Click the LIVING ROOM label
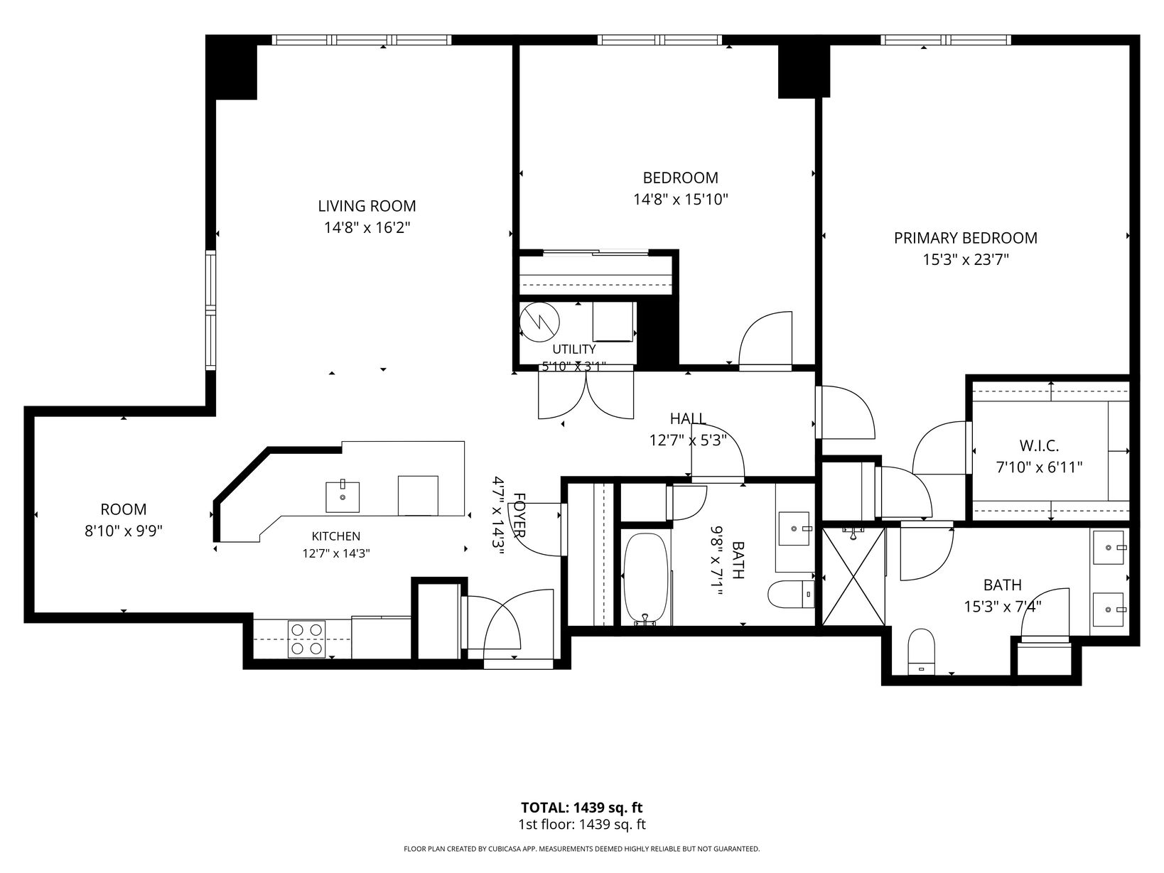pos(367,206)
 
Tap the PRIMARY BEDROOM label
pos(966,238)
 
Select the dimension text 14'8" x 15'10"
pos(680,200)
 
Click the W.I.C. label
pos(1039,446)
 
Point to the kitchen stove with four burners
pos(306,639)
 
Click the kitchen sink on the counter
pos(343,497)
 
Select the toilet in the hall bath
pos(791,594)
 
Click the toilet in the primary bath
pos(920,651)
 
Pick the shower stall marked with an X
pos(853,576)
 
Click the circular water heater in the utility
pos(539,322)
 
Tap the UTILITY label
pos(574,349)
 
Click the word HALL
pos(688,419)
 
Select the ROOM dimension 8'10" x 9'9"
pos(124,531)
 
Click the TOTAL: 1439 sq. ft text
pos(582,808)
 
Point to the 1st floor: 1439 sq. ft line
pos(582,825)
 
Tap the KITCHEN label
pos(336,536)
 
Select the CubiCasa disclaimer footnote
pos(582,849)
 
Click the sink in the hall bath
pos(794,528)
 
